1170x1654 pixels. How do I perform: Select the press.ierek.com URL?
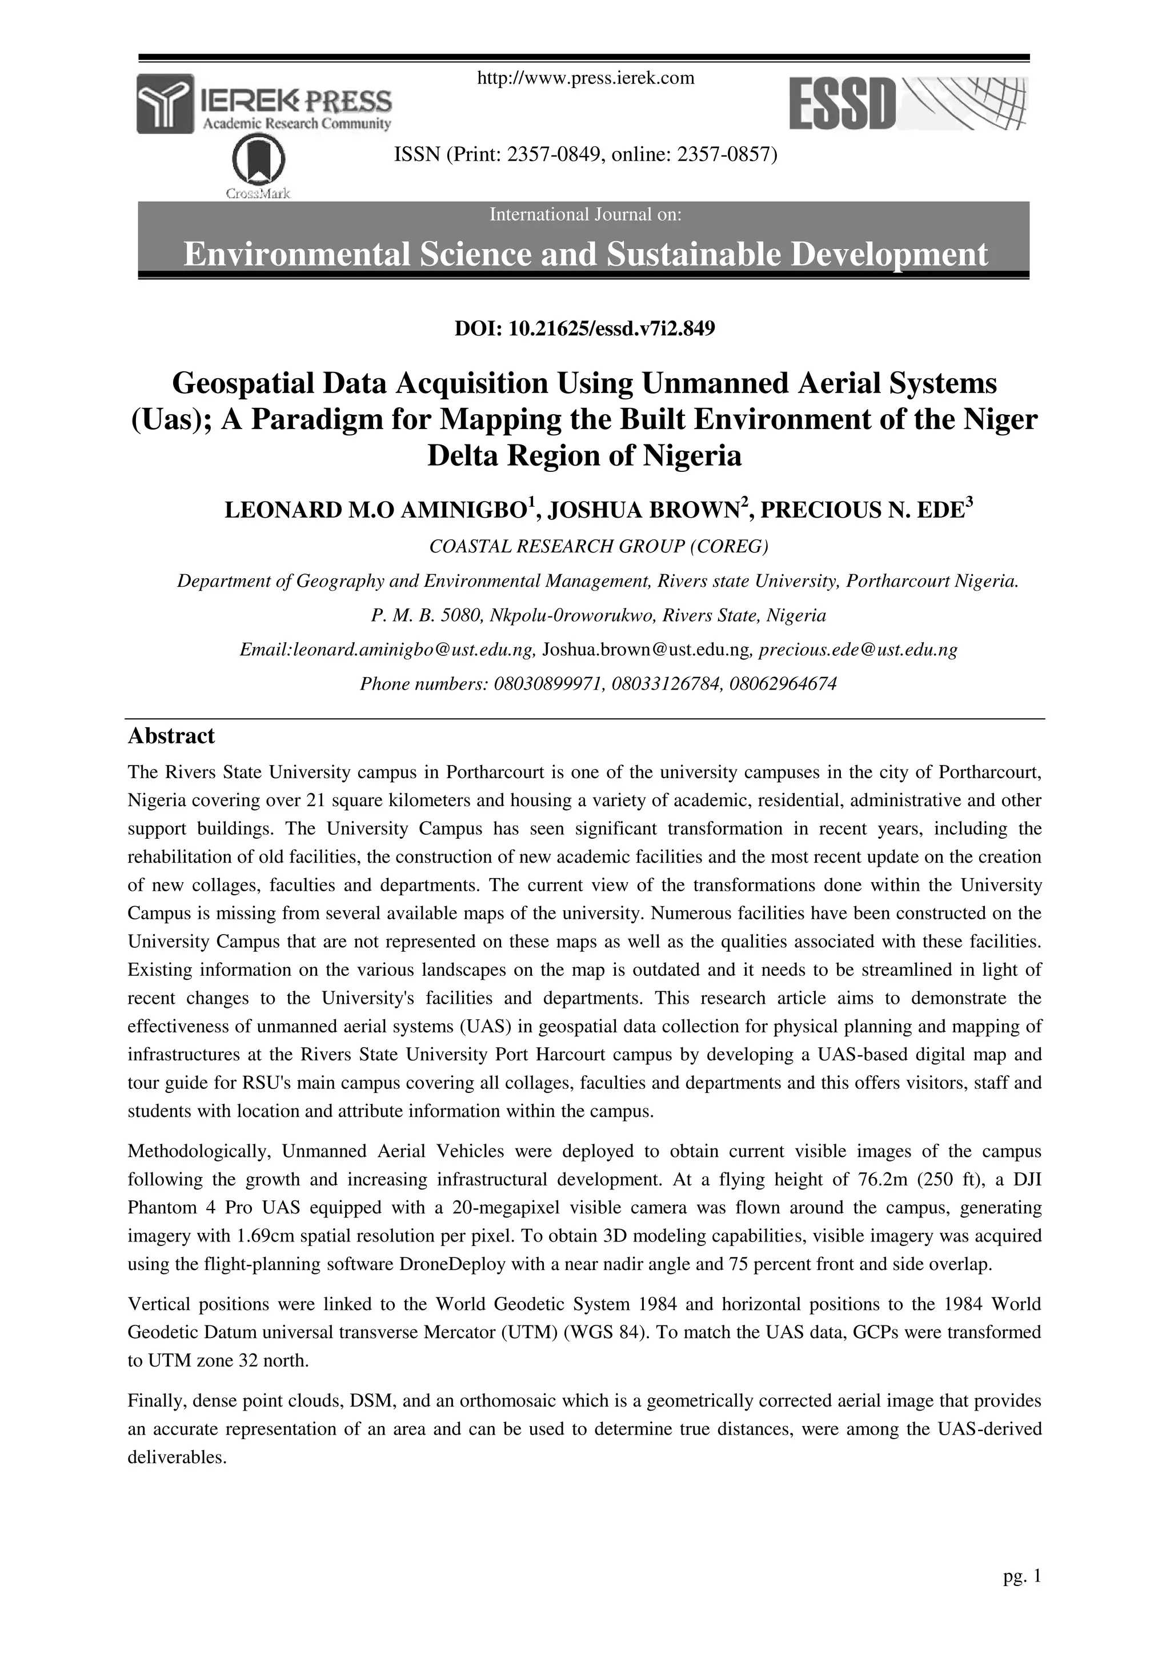(586, 78)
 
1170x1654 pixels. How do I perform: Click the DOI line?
(584, 329)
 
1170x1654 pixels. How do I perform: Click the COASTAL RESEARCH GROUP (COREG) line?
(599, 547)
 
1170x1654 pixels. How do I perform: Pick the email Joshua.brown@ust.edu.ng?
(646, 650)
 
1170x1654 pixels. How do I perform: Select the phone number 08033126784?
(667, 684)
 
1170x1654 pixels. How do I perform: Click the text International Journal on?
(585, 215)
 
